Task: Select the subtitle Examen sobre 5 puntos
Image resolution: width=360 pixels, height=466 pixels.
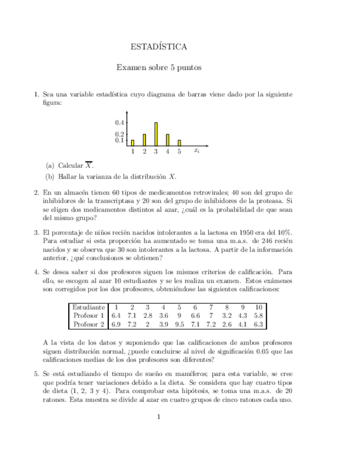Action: click(159, 68)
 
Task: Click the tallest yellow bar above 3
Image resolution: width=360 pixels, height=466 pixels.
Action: click(156, 134)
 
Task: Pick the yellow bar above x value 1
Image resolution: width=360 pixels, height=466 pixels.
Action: click(132, 142)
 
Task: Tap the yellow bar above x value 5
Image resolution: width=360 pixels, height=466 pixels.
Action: click(179, 142)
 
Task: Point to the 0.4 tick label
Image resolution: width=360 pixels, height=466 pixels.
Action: click(120, 123)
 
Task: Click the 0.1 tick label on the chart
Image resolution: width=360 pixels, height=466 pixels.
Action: click(120, 140)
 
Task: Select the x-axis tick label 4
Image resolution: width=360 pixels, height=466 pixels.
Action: click(168, 151)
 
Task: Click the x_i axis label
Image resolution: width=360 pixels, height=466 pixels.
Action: click(197, 151)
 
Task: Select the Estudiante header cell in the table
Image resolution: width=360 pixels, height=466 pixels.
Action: click(88, 307)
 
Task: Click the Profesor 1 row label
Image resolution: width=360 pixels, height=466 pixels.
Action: click(88, 316)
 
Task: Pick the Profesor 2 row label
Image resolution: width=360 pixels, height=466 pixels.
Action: click(88, 325)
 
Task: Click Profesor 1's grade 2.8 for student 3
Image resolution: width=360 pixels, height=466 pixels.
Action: click(147, 316)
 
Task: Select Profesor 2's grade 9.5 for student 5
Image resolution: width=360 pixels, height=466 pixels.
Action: click(179, 325)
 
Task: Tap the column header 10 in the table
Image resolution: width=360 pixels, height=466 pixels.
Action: click(260, 307)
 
